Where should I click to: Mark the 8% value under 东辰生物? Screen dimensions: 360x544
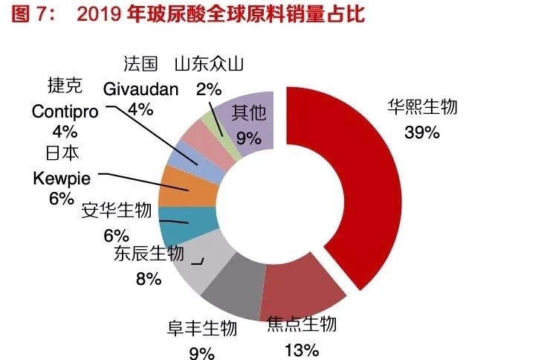(148, 279)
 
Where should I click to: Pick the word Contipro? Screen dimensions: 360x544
(65, 112)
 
